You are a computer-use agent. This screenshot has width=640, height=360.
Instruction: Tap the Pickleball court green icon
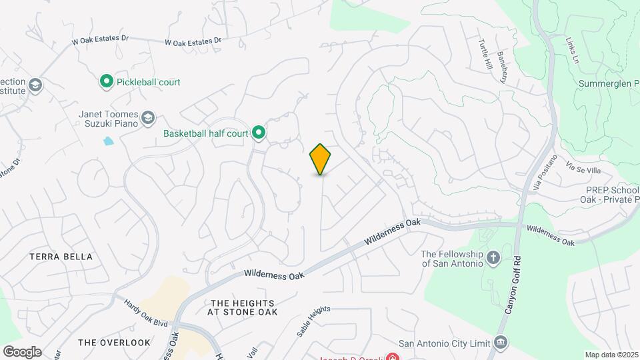tap(106, 82)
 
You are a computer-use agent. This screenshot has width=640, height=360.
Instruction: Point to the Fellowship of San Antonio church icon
tap(493, 258)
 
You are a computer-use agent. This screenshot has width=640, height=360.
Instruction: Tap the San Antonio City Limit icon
tap(500, 343)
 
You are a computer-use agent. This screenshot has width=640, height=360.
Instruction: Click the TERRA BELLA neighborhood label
tap(61, 257)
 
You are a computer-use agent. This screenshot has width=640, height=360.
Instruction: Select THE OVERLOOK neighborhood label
tap(114, 343)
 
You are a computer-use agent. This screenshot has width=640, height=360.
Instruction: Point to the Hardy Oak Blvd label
tap(145, 312)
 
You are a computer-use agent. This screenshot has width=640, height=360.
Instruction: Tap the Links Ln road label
tap(571, 49)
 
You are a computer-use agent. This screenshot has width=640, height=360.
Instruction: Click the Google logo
tap(22, 352)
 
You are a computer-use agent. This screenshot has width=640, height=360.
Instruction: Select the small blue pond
tap(108, 141)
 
